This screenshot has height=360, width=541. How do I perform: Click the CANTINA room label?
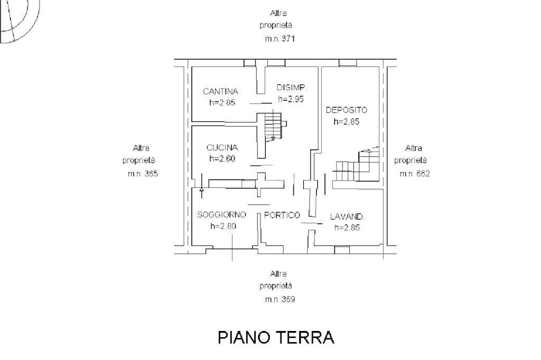(x=220, y=91)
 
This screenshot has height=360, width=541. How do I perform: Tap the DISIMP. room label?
(x=291, y=88)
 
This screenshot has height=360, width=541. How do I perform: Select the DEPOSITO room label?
(x=346, y=110)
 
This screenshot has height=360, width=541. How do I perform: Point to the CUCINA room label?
(x=222, y=148)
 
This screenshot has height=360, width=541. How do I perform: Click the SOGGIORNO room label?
(x=222, y=215)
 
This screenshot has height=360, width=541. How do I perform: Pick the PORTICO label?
(x=282, y=215)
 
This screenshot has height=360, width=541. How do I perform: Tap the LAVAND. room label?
(x=348, y=216)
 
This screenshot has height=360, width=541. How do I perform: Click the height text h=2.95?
(x=291, y=99)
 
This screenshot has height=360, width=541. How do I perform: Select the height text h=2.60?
(x=222, y=158)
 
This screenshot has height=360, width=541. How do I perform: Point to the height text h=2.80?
(x=223, y=226)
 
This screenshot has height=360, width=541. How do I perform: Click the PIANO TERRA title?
(x=276, y=337)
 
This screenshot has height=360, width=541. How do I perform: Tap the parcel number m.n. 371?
(x=279, y=39)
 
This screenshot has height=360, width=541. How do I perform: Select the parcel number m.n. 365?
(x=143, y=174)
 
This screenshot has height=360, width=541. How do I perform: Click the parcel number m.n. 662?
(x=414, y=174)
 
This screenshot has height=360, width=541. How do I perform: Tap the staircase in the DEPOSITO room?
(x=357, y=166)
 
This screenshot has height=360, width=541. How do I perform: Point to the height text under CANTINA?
(x=222, y=102)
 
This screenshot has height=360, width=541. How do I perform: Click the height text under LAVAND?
(x=347, y=228)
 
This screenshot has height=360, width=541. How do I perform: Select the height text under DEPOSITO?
(x=346, y=121)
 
